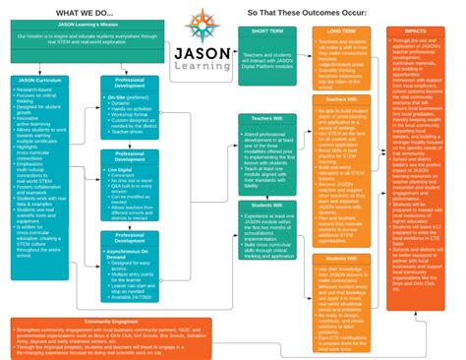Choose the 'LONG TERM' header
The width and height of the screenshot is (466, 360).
point(329,31)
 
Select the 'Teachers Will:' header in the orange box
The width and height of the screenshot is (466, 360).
point(329,99)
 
